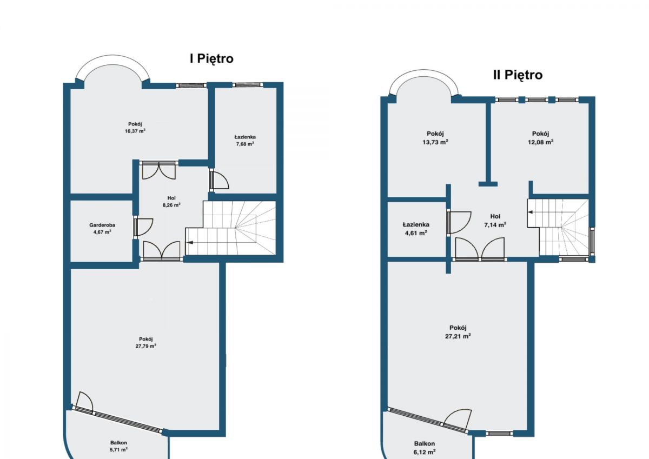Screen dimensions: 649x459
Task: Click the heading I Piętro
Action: point(211,59)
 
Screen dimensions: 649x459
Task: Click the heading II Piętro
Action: point(518,75)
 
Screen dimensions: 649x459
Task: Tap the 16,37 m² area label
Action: point(135,131)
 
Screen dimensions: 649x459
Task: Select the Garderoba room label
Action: point(102,225)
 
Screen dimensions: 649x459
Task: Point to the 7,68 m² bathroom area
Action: point(245,144)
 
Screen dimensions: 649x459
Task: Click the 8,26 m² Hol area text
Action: point(171,205)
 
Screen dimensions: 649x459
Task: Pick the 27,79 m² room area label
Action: point(145,346)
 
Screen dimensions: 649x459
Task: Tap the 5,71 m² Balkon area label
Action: point(118,450)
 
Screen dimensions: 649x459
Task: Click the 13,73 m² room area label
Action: point(435,142)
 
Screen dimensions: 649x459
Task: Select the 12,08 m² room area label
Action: point(540,142)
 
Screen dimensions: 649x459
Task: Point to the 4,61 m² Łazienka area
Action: point(416,233)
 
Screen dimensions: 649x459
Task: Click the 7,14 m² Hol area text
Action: point(495,225)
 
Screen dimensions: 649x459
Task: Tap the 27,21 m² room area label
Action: point(458,336)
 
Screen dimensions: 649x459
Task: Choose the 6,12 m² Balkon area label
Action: point(425,452)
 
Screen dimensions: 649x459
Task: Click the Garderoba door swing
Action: point(144,227)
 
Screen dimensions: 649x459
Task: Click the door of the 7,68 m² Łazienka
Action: point(220,180)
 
